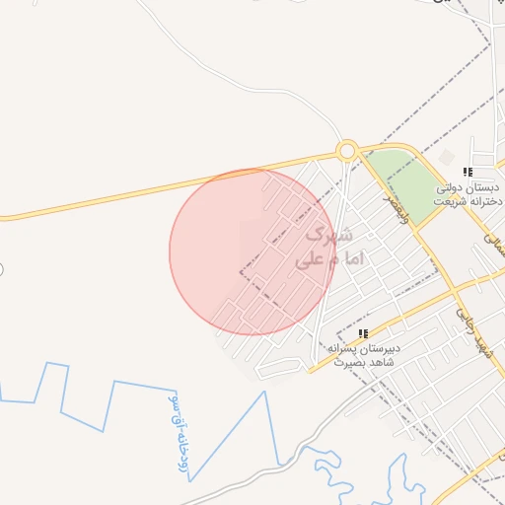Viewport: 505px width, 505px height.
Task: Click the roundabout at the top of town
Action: (x=346, y=151)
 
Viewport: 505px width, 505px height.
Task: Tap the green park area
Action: (x=413, y=183)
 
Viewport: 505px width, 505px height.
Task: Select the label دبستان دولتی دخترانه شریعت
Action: (x=469, y=194)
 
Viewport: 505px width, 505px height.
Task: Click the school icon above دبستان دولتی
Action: (x=468, y=172)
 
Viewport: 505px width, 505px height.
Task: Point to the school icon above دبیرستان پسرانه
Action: (x=363, y=333)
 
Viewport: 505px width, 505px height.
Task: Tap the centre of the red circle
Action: (x=252, y=252)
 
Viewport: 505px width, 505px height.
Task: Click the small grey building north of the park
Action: (x=447, y=158)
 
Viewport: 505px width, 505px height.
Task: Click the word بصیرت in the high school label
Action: (x=346, y=362)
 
